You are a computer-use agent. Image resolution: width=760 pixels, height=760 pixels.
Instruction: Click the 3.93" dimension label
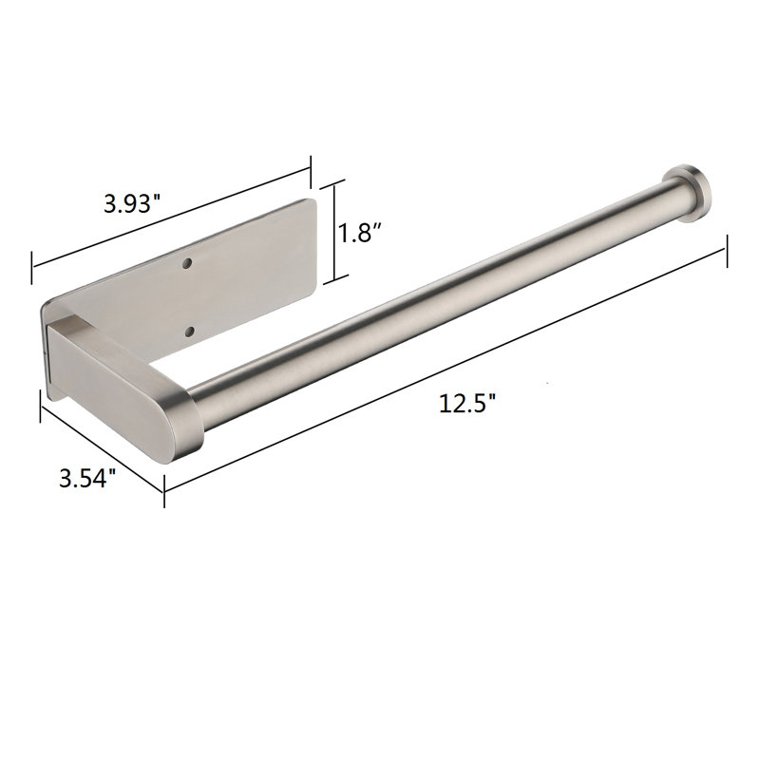(x=132, y=204)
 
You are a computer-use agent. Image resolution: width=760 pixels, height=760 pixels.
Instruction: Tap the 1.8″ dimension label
(x=361, y=233)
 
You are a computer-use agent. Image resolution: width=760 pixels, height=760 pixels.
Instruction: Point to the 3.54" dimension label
(x=87, y=478)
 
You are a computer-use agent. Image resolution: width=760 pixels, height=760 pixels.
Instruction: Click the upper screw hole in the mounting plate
(x=186, y=264)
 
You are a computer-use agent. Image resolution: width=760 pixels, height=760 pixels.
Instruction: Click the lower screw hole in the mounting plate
(x=189, y=332)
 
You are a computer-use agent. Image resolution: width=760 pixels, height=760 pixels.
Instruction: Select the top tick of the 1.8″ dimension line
(x=333, y=185)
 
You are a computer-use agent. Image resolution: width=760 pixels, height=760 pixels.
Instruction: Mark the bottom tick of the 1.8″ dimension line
(x=336, y=279)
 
